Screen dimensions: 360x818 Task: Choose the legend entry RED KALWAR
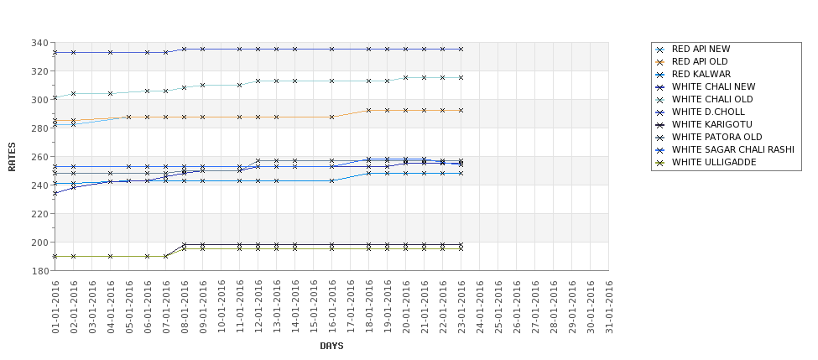point(701,74)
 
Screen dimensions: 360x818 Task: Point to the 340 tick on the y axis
point(39,43)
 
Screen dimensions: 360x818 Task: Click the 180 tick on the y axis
point(39,271)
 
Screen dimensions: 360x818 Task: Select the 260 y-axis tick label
point(39,157)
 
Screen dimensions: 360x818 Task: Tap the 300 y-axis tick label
point(39,100)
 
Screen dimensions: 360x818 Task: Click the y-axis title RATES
point(13,157)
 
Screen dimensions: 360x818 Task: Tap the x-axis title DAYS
point(331,346)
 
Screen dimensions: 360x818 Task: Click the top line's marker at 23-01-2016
point(461,49)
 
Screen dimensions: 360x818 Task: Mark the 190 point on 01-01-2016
point(55,256)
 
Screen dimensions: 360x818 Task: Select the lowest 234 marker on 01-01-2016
point(55,193)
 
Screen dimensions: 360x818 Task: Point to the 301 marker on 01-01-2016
point(55,97)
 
